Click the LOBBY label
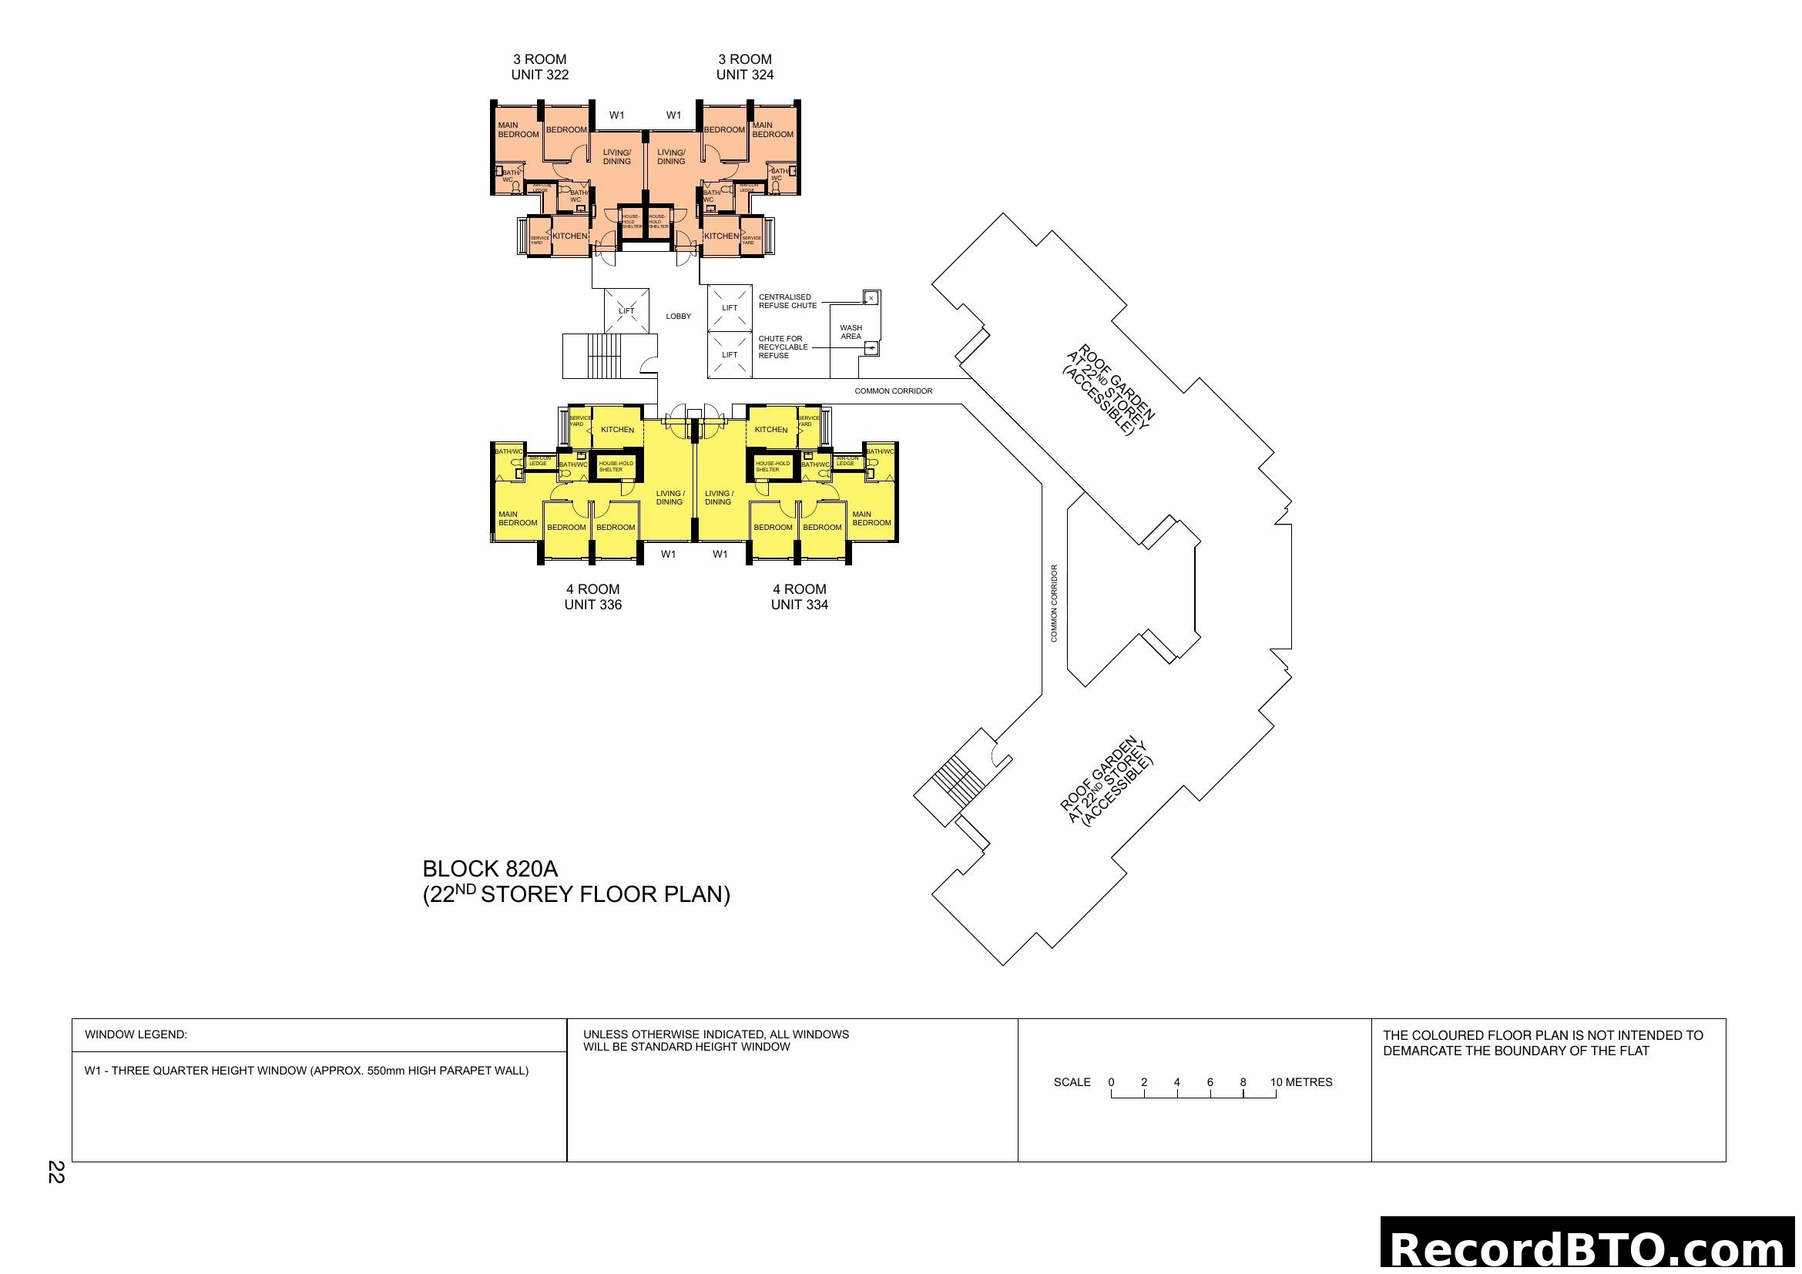678,317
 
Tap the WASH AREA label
851,333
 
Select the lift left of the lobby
626,310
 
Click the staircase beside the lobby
602,356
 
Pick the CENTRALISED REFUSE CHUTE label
787,301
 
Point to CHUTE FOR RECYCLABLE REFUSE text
783,347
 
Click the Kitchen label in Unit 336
617,430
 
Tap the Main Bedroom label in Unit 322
518,130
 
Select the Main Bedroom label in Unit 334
871,518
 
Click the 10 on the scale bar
1276,1082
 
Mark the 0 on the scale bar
1112,1082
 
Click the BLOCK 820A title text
490,869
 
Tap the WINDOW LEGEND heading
136,1034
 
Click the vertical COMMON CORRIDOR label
1054,603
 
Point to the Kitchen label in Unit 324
721,236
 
